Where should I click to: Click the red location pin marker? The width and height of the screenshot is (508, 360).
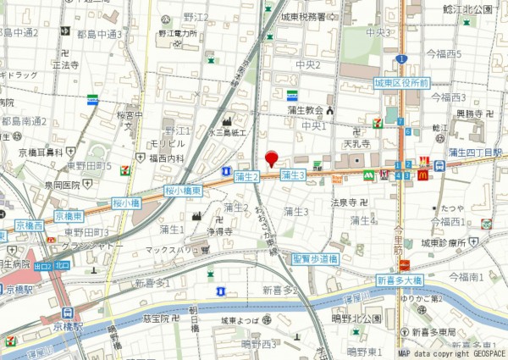272,158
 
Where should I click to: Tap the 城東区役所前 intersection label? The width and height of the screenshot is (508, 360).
402,84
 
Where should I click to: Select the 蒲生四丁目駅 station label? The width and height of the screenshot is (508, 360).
475,152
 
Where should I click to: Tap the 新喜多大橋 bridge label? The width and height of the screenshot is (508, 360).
399,280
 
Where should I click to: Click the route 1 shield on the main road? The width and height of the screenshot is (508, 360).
401,58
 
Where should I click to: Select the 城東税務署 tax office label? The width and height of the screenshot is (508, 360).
309,16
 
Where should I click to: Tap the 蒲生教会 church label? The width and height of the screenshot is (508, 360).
303,110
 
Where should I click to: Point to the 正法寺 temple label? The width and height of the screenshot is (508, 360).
65,64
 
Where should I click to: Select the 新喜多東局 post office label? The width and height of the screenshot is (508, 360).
445,332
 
